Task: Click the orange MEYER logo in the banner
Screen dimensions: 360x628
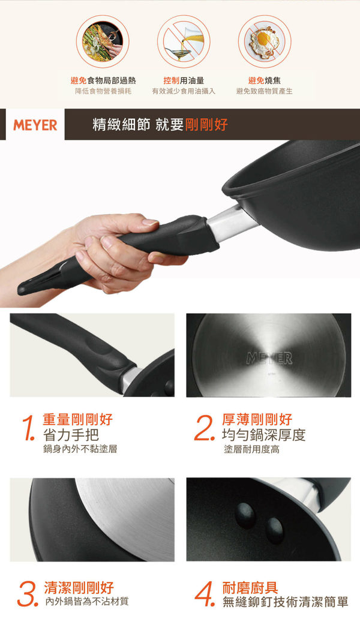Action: [x=35, y=125]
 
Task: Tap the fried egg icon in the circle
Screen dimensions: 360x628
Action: [x=265, y=41]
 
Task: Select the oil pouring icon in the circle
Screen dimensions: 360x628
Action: [x=184, y=41]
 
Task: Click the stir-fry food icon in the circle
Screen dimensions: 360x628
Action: [x=103, y=41]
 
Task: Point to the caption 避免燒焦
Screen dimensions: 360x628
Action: [x=264, y=80]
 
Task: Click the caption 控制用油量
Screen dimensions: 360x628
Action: [x=184, y=80]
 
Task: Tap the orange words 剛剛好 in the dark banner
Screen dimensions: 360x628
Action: [x=206, y=125]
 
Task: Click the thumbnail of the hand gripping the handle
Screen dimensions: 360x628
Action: [x=92, y=355]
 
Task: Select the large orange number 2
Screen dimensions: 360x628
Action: [x=204, y=428]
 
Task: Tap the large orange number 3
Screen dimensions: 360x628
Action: [x=27, y=594]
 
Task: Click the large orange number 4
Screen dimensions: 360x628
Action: [x=205, y=594]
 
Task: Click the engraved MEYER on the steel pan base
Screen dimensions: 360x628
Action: [x=269, y=358]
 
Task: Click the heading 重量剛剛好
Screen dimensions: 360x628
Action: [x=77, y=419]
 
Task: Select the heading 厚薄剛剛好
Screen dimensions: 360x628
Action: [x=257, y=419]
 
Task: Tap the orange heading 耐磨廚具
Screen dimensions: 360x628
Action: [x=250, y=588]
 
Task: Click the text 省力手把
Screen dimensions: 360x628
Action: [x=71, y=434]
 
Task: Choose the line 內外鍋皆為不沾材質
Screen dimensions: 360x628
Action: [x=87, y=601]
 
